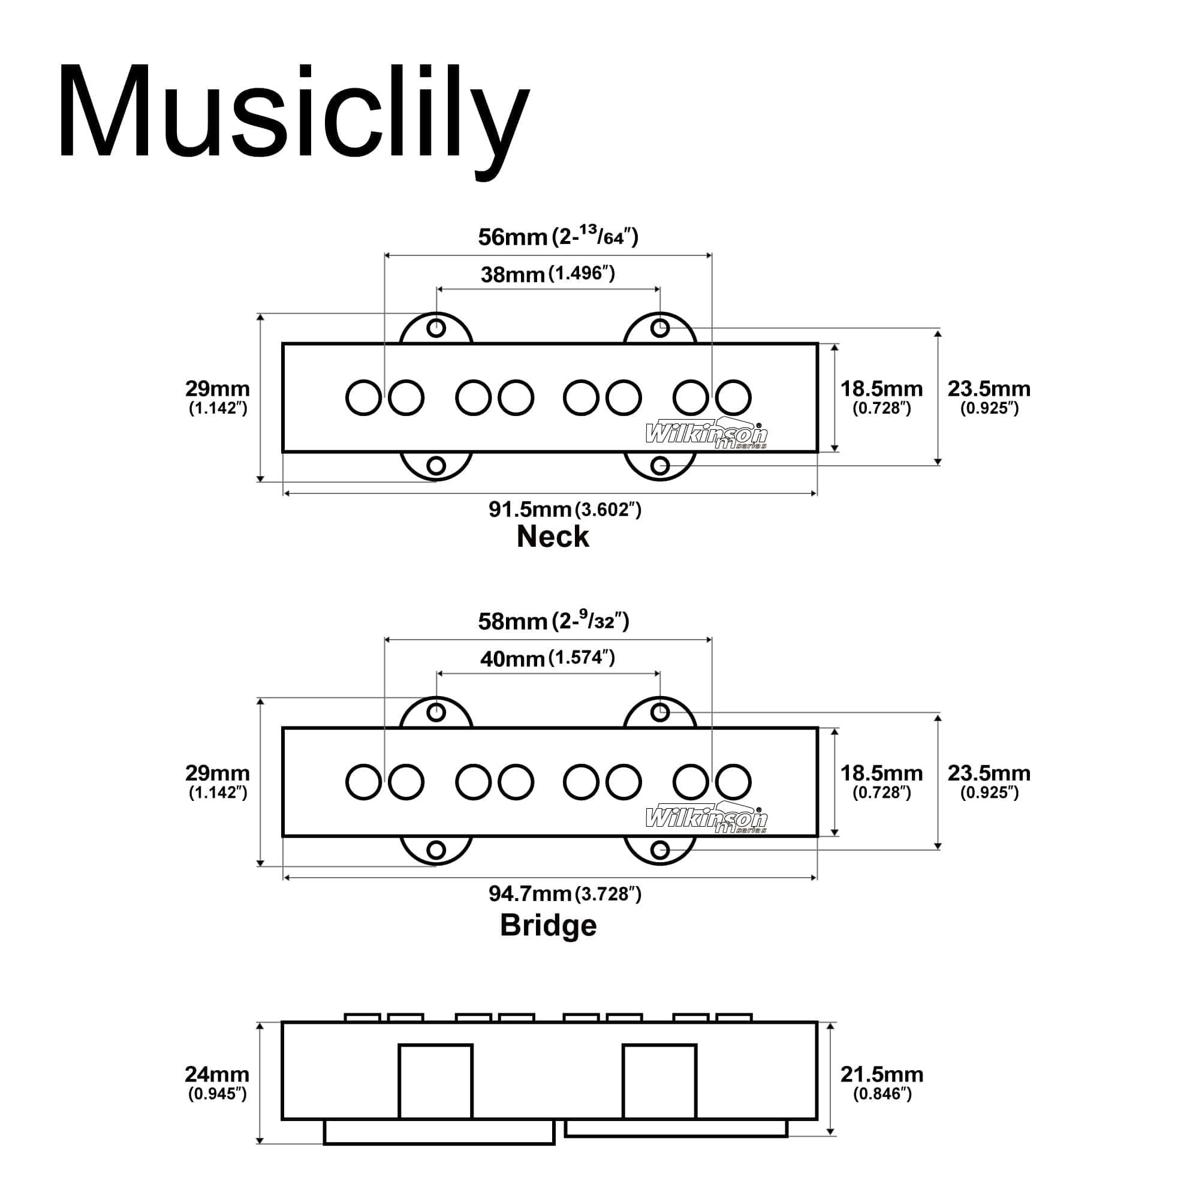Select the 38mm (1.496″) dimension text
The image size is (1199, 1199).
(x=547, y=274)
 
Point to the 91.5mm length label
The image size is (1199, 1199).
(x=564, y=510)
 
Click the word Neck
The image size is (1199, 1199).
(x=552, y=537)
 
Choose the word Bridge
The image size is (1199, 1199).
(x=548, y=925)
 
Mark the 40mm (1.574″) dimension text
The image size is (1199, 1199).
(x=547, y=658)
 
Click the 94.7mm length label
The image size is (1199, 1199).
(x=564, y=894)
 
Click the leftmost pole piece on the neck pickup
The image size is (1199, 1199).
(x=363, y=398)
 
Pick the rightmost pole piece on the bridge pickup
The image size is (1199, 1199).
(x=733, y=782)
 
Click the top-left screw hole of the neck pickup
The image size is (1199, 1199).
(x=436, y=328)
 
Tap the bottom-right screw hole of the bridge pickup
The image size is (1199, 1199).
(x=659, y=849)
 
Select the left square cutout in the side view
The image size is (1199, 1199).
(x=435, y=1081)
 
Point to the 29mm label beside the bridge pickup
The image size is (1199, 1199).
(x=217, y=780)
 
